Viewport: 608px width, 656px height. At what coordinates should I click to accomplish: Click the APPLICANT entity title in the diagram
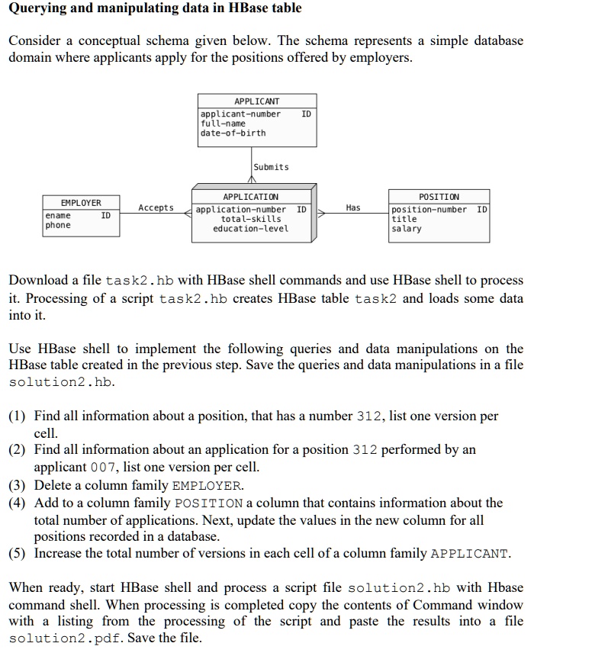click(x=256, y=101)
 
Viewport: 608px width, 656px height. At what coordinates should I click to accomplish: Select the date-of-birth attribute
click(x=233, y=133)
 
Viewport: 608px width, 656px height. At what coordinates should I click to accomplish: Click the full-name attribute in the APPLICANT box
click(x=223, y=124)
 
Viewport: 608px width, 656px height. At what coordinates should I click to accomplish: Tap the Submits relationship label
click(x=271, y=167)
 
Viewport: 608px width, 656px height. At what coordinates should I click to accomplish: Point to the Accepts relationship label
click(x=156, y=207)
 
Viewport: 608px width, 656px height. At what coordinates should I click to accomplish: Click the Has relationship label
click(x=352, y=207)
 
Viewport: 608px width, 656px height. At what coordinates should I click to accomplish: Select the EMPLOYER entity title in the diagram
click(x=81, y=203)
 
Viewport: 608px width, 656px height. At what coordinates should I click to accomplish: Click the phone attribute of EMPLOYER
click(x=58, y=226)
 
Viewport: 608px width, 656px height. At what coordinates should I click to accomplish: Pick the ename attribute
click(x=58, y=216)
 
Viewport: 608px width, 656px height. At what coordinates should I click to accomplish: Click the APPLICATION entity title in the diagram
click(x=250, y=198)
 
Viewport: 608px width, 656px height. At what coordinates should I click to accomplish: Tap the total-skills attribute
click(x=250, y=219)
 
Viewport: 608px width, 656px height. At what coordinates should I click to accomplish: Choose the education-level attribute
click(x=250, y=229)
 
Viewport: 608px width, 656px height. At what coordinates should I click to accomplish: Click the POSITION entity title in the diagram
click(x=439, y=198)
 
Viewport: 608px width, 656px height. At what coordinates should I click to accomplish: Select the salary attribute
click(x=406, y=229)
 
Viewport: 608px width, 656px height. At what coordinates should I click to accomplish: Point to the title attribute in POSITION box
click(x=404, y=219)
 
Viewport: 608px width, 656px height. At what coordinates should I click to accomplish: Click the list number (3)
click(x=18, y=485)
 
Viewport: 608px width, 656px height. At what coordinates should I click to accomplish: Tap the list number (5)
click(x=18, y=554)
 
